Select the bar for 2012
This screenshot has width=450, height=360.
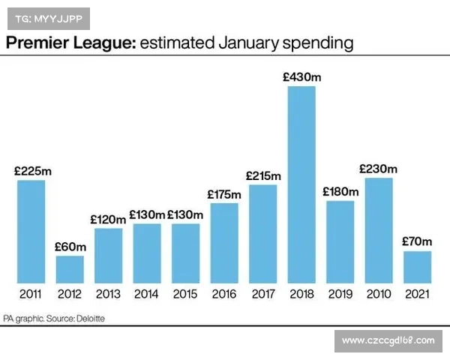tap(70, 268)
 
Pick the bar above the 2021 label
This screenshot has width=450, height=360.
tap(417, 266)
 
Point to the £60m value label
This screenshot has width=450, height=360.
tap(70, 247)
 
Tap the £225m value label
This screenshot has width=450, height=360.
tap(32, 171)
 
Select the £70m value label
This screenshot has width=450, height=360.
tap(417, 241)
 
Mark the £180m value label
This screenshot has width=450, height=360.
tap(340, 191)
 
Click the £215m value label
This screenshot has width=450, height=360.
tap(263, 175)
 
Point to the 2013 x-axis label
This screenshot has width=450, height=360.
tap(109, 294)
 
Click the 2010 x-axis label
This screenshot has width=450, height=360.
tap(379, 294)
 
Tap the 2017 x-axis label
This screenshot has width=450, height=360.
tap(263, 294)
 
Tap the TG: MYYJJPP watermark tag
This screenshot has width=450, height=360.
tap(48, 16)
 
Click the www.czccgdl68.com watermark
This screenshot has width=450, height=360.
tap(388, 341)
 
